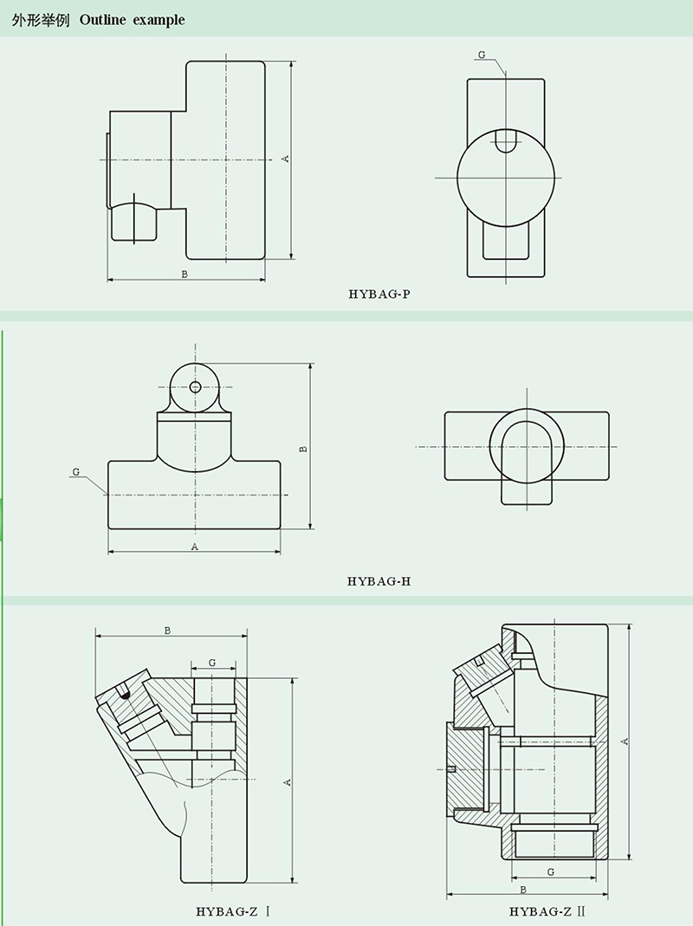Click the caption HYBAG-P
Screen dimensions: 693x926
(x=379, y=294)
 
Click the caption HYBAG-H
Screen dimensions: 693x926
(x=379, y=581)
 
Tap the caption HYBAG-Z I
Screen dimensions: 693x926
(x=233, y=912)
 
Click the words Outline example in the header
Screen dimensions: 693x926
(x=132, y=20)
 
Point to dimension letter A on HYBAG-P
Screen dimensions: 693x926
(x=285, y=159)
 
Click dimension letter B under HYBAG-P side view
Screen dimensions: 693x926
(x=185, y=274)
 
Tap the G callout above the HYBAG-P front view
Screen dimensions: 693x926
(x=482, y=55)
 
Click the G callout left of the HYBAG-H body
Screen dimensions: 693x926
(x=75, y=472)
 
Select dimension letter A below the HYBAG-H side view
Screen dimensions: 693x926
(x=194, y=547)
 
